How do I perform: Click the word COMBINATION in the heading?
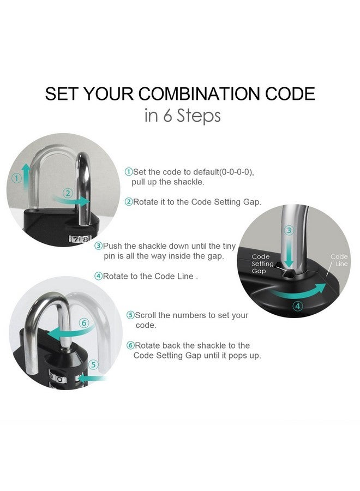[x=207, y=93]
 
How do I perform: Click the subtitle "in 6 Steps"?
[x=182, y=116]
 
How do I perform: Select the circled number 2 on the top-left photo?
[x=68, y=193]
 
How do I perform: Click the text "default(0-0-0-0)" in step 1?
[x=219, y=172]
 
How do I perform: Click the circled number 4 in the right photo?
[x=297, y=306]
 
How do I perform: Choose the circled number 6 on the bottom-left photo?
[x=83, y=322]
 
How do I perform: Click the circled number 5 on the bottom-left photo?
[x=94, y=364]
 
